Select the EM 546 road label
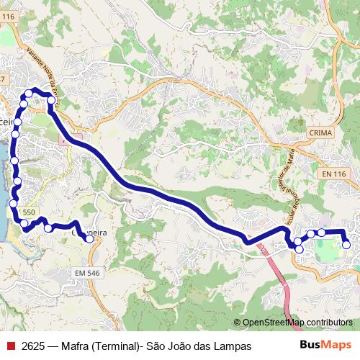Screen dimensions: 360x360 point(88,273)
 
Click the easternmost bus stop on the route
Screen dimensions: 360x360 point(346,245)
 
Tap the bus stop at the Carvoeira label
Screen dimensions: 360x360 point(90,239)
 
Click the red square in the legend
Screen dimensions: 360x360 point(11,346)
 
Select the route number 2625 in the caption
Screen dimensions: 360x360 point(34,346)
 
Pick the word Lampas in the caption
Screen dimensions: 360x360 point(233,346)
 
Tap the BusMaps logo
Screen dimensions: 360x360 point(325,346)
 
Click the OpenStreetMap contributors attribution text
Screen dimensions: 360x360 point(297,323)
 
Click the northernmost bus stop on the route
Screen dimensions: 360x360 point(30,92)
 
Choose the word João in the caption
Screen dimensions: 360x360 point(178,346)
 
